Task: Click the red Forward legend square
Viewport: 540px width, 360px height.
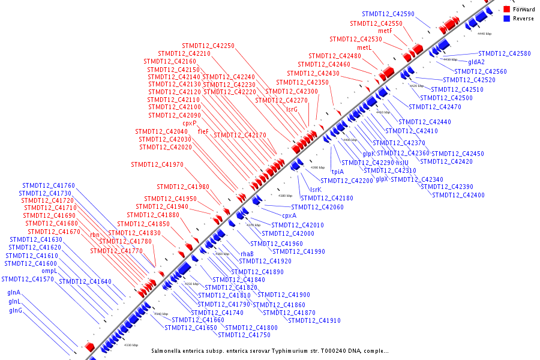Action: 507,10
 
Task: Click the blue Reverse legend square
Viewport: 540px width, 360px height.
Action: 507,19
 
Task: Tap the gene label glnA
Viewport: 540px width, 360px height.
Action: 14,292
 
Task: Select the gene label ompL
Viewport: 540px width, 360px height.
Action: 49,271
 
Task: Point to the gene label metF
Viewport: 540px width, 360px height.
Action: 385,31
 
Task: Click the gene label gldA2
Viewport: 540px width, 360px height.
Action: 476,62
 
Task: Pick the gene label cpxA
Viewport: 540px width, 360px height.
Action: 289,215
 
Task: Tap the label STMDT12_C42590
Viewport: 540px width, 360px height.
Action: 388,14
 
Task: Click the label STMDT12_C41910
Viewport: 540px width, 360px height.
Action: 314,320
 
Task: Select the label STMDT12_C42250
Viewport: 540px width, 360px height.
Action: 208,46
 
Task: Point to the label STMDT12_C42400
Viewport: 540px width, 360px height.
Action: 458,195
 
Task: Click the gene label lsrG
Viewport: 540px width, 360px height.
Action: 292,109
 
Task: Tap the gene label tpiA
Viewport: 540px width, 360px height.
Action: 338,172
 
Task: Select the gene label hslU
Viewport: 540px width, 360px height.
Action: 402,163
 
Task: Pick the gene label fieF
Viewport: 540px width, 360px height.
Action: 203,131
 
